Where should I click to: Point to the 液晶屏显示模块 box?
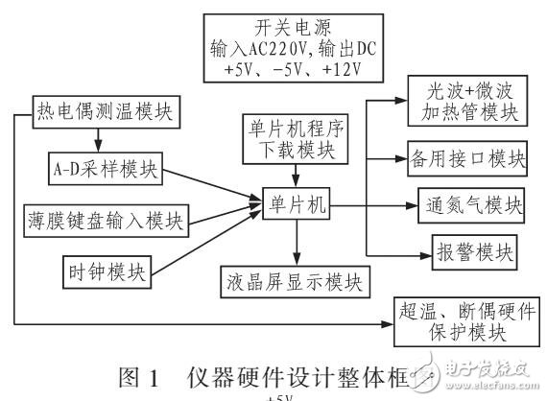click(297, 281)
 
